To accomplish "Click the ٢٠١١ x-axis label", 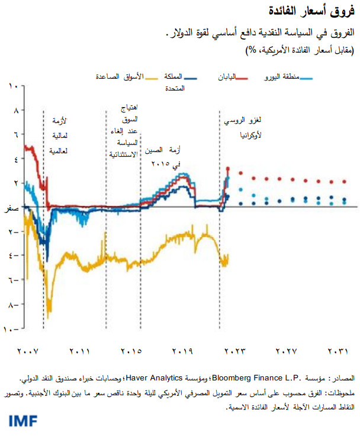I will (x=79, y=351).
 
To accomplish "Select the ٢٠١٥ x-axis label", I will (x=131, y=351).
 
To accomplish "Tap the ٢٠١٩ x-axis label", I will (x=183, y=351).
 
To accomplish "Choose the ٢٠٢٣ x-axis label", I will (x=234, y=351).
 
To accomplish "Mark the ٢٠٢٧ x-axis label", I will (x=286, y=351).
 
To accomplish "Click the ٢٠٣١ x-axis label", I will (x=337, y=351).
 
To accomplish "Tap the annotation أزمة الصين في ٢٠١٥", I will (x=179, y=157).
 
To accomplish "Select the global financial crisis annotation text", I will (x=60, y=134).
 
